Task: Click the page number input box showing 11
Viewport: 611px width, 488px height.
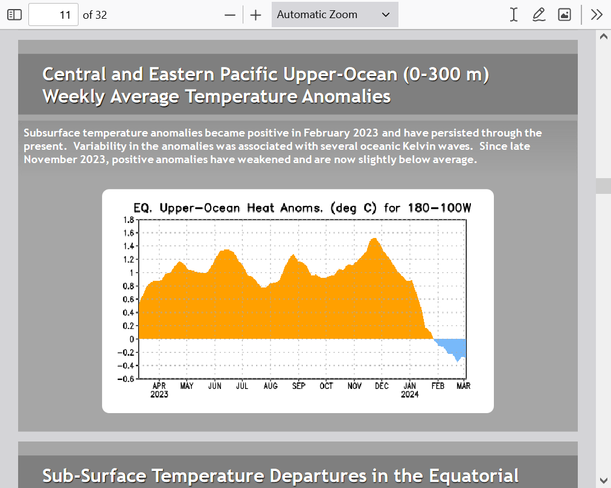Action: point(53,15)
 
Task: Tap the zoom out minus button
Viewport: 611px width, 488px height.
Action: point(230,15)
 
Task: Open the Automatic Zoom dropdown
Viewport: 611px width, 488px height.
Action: point(334,15)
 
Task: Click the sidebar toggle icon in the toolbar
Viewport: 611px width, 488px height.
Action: point(14,15)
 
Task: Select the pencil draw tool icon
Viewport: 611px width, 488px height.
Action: point(539,15)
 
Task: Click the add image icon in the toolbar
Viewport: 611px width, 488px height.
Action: point(565,15)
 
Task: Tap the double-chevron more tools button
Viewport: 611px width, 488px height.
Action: point(597,15)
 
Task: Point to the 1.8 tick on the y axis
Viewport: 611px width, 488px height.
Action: point(129,220)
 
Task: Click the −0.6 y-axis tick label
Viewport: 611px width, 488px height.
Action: point(126,379)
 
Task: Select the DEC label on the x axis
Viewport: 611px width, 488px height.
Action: point(382,386)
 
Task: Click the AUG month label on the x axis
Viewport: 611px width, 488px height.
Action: point(270,386)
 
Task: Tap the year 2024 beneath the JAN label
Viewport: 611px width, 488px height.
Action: point(410,394)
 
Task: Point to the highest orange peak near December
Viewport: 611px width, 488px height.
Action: point(374,239)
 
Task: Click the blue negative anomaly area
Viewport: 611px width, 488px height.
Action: point(452,346)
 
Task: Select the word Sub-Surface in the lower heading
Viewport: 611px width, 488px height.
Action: point(94,476)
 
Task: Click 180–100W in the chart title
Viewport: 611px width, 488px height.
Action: point(440,208)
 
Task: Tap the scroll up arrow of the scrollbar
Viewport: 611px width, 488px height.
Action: point(604,37)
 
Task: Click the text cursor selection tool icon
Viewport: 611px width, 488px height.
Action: point(514,15)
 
